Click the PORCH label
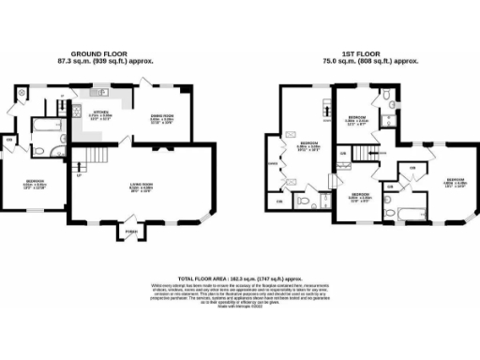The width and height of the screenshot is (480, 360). coord(131,231)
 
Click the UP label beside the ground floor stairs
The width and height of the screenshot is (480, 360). coord(79,175)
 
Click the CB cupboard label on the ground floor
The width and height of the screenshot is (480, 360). coord(10,141)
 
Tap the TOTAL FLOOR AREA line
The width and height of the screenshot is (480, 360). coord(240,279)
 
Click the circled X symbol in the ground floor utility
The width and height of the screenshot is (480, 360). coord(22,94)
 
